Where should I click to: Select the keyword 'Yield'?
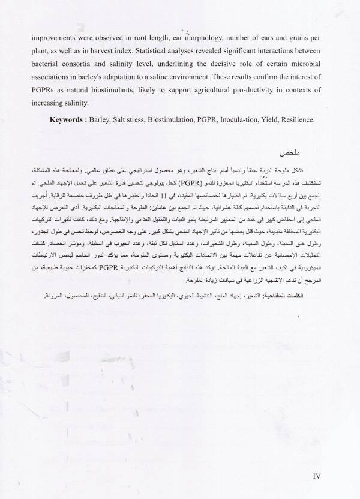pyautogui.click(x=278, y=120)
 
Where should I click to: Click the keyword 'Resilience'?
pyautogui.click(x=311, y=120)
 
